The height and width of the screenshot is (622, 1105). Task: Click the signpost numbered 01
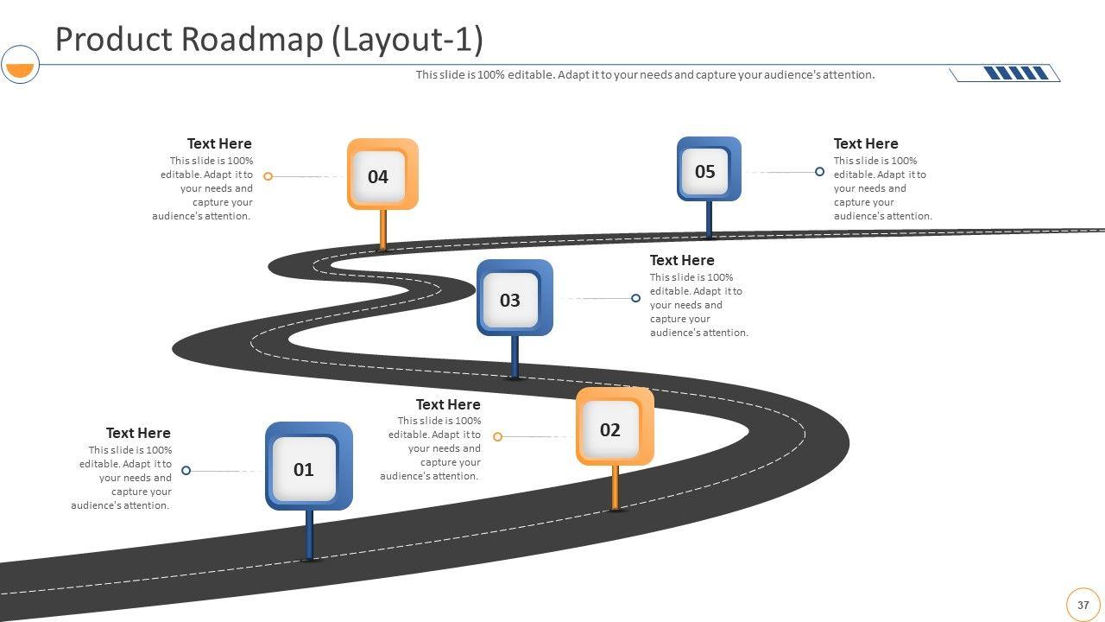pos(308,466)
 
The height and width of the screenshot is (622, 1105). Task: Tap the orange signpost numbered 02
pos(615,427)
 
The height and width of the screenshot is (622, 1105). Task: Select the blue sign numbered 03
pos(515,298)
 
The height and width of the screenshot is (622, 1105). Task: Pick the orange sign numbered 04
pos(382,175)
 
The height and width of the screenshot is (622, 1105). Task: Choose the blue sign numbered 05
pos(709,169)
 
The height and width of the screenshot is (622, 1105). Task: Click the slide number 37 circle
pos(1083,605)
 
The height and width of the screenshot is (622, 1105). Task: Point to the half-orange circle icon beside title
pos(20,65)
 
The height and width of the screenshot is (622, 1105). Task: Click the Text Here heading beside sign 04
pos(219,143)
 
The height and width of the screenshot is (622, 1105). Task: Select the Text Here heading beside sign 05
pos(866,143)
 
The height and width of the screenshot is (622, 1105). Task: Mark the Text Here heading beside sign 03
pos(682,260)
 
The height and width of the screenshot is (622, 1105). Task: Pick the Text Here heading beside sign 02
pos(448,404)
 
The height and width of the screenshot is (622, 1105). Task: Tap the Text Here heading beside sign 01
pos(138,433)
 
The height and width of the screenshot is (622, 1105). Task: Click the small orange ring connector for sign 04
pos(268,176)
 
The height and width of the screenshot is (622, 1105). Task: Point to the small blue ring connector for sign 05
pos(819,172)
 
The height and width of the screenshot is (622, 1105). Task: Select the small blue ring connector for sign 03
pos(635,298)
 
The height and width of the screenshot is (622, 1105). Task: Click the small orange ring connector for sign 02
pos(497,437)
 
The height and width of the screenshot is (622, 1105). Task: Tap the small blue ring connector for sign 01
pos(186,471)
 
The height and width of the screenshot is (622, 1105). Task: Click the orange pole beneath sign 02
pos(615,488)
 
